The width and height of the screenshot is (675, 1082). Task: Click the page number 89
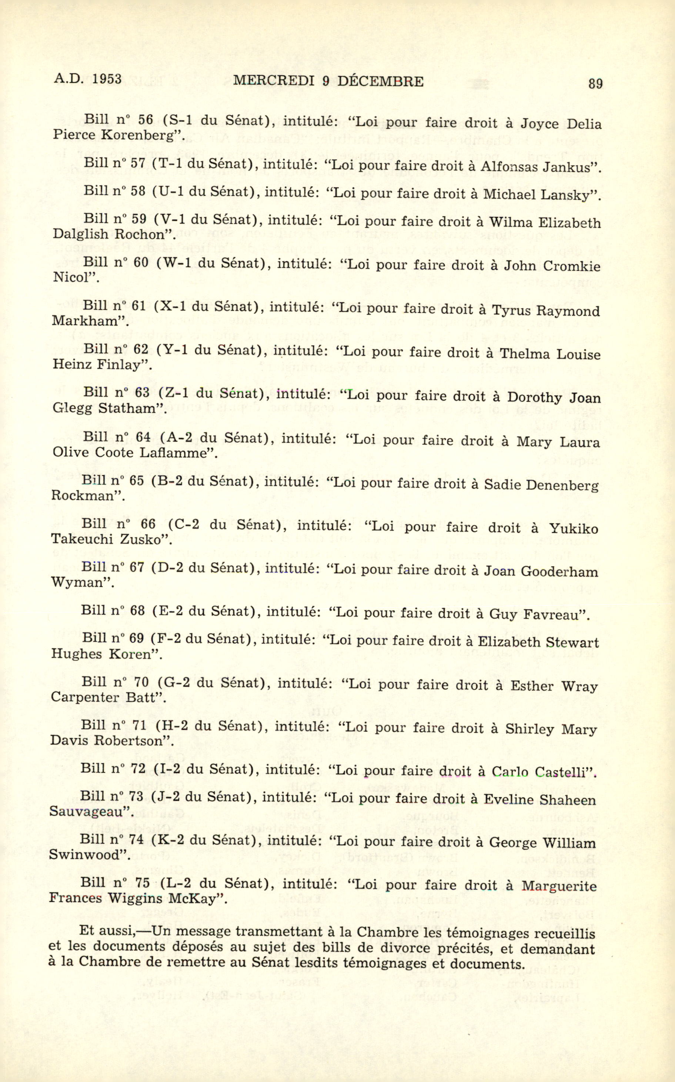pyautogui.click(x=595, y=83)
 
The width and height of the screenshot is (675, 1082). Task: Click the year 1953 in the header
pyautogui.click(x=108, y=79)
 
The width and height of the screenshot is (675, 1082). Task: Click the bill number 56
pyautogui.click(x=145, y=120)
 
